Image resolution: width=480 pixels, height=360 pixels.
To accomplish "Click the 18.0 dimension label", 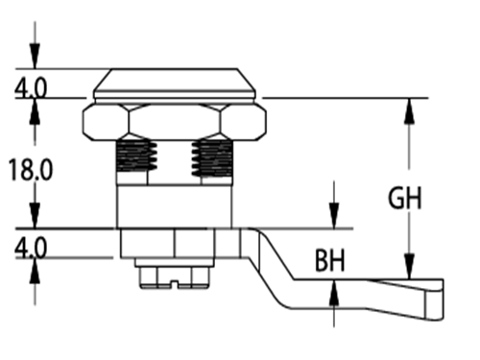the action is coord(30,170).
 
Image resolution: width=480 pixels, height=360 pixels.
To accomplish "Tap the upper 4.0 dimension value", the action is coord(31,87).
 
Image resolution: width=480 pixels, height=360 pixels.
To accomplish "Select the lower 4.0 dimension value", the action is coord(31,248).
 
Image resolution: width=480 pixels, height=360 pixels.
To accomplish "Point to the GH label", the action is coord(405,198).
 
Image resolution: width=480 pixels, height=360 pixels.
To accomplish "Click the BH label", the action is coord(330,261).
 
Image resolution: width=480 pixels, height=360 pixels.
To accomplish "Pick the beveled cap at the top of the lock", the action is coord(175,84).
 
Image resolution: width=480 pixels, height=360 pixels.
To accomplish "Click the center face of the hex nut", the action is coord(175,122).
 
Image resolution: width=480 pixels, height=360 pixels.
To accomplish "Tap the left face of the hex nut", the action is coord(107,122).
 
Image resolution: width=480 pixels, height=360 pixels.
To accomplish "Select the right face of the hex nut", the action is coord(243,122).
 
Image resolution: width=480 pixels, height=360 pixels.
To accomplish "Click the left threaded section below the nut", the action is coord(136,156).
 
